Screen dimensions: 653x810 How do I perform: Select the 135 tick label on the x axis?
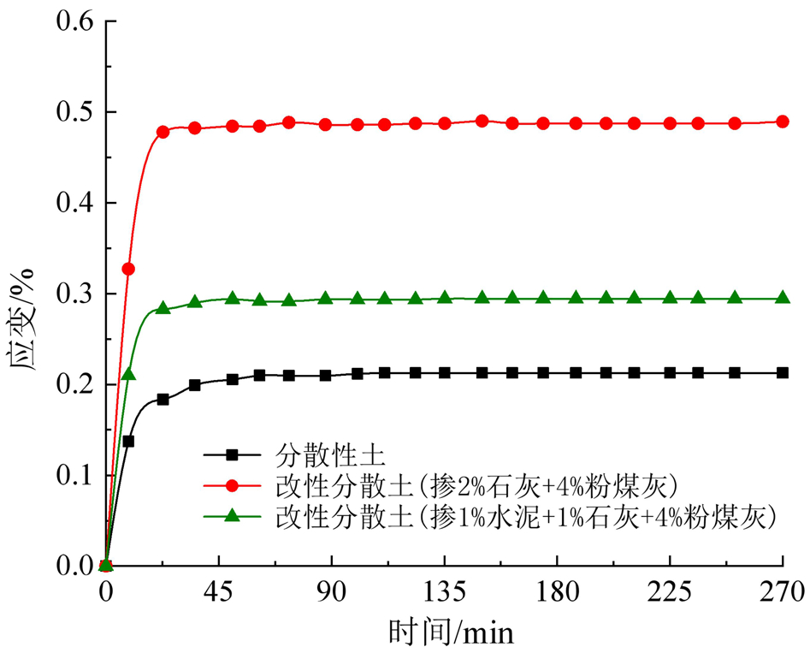[444, 591]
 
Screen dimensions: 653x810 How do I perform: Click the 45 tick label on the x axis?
[218, 591]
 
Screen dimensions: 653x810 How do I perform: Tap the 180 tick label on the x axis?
[557, 591]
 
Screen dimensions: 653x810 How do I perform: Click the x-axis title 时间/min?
[451, 632]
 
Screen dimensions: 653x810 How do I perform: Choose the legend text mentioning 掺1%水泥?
[525, 516]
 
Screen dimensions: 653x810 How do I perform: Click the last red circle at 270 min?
[782, 122]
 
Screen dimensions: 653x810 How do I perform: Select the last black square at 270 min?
[782, 373]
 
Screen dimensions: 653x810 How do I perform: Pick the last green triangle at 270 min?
[782, 299]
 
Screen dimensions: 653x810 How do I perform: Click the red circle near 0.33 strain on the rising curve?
[128, 269]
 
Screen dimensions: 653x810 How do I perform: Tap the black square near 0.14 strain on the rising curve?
[128, 442]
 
